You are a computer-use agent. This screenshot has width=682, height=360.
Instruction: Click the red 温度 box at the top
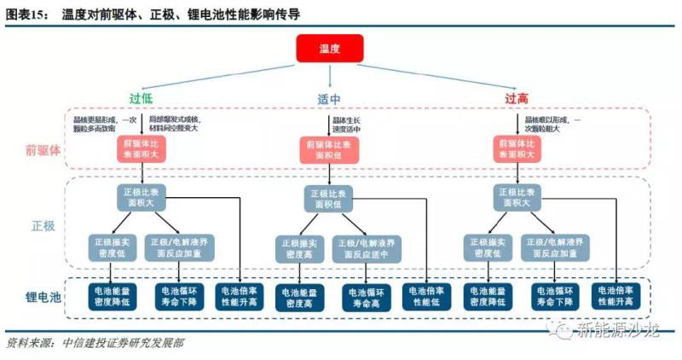coord(329,49)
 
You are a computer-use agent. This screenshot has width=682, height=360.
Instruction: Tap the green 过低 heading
coord(141,99)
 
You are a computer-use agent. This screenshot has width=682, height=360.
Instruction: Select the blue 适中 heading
coord(329,99)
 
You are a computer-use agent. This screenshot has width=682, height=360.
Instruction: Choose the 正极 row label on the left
coord(43,226)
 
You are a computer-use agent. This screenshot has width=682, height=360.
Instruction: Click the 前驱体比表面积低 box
coord(328,151)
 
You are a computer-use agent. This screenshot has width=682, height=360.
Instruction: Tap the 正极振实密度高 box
coord(298,249)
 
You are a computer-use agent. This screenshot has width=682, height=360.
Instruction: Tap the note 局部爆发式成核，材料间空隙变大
coord(174,125)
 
